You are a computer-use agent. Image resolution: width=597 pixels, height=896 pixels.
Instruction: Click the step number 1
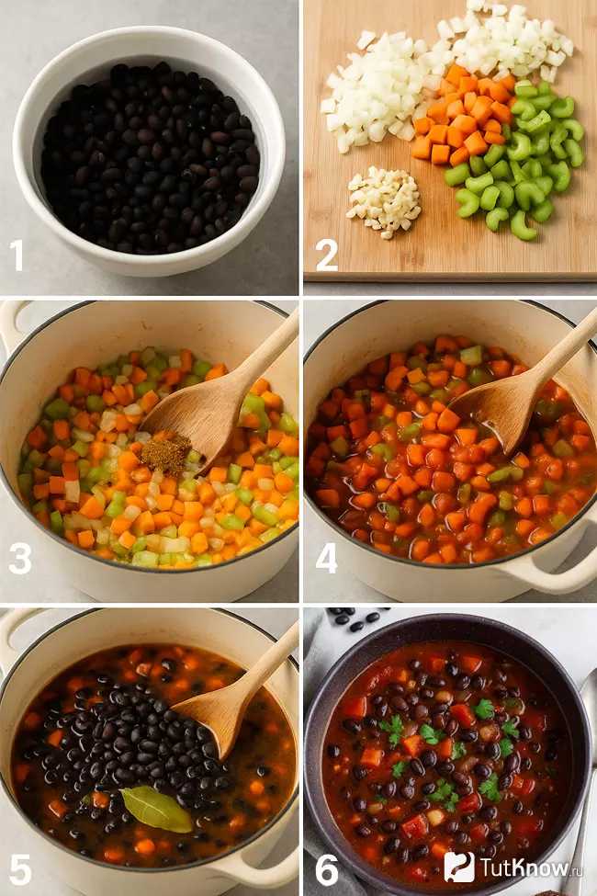click(17, 255)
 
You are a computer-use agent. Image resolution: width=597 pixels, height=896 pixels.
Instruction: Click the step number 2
click(327, 255)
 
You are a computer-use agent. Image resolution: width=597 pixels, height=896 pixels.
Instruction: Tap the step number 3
click(20, 559)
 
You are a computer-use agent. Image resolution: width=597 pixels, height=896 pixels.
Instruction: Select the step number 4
click(326, 559)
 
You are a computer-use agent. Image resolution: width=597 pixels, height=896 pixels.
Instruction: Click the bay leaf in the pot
click(156, 809)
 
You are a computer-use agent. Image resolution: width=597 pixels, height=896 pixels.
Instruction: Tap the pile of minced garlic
click(384, 201)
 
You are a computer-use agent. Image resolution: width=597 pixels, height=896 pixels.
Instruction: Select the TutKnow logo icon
click(459, 867)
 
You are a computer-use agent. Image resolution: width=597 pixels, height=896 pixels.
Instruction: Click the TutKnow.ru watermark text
click(531, 868)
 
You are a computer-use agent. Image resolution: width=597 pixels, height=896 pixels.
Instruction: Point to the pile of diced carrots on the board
click(463, 114)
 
